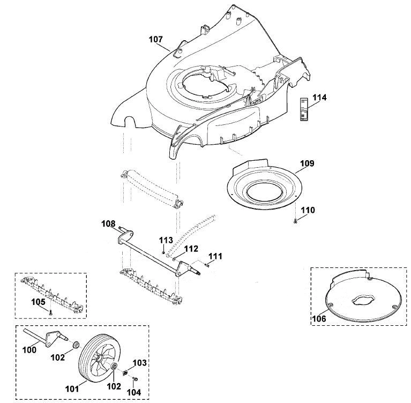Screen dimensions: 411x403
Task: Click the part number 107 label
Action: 156,39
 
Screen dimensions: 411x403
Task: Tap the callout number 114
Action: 319,98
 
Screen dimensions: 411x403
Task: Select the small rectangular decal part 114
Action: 304,109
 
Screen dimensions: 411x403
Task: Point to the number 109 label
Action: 307,163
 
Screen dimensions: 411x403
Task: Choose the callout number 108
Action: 109,223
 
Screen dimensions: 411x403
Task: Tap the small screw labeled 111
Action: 206,266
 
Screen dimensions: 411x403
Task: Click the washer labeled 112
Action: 174,259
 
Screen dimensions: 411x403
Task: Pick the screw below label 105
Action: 50,312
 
